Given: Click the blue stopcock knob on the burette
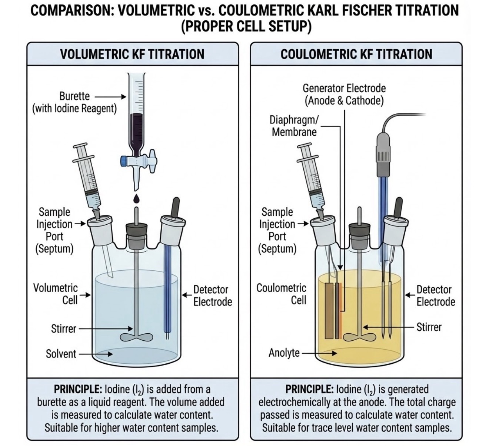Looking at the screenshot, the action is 124,161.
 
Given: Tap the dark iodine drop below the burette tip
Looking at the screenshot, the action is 136,198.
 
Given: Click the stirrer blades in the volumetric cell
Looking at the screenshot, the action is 136,337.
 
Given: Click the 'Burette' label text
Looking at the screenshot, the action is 74,96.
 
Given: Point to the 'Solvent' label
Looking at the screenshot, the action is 61,354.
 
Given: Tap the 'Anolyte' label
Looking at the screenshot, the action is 284,353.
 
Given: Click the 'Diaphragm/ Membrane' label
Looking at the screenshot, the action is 294,126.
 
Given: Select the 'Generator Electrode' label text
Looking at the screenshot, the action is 344,88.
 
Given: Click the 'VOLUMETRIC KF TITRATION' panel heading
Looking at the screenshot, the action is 132,54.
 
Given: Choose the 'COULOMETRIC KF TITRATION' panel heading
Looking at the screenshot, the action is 356,54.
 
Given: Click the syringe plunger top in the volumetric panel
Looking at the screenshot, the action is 80,147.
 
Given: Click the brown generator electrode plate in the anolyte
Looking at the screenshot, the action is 329,311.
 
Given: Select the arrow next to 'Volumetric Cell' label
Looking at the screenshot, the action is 85,295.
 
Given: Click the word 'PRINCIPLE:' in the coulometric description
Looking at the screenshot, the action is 309,389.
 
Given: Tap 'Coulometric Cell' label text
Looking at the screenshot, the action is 281,294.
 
